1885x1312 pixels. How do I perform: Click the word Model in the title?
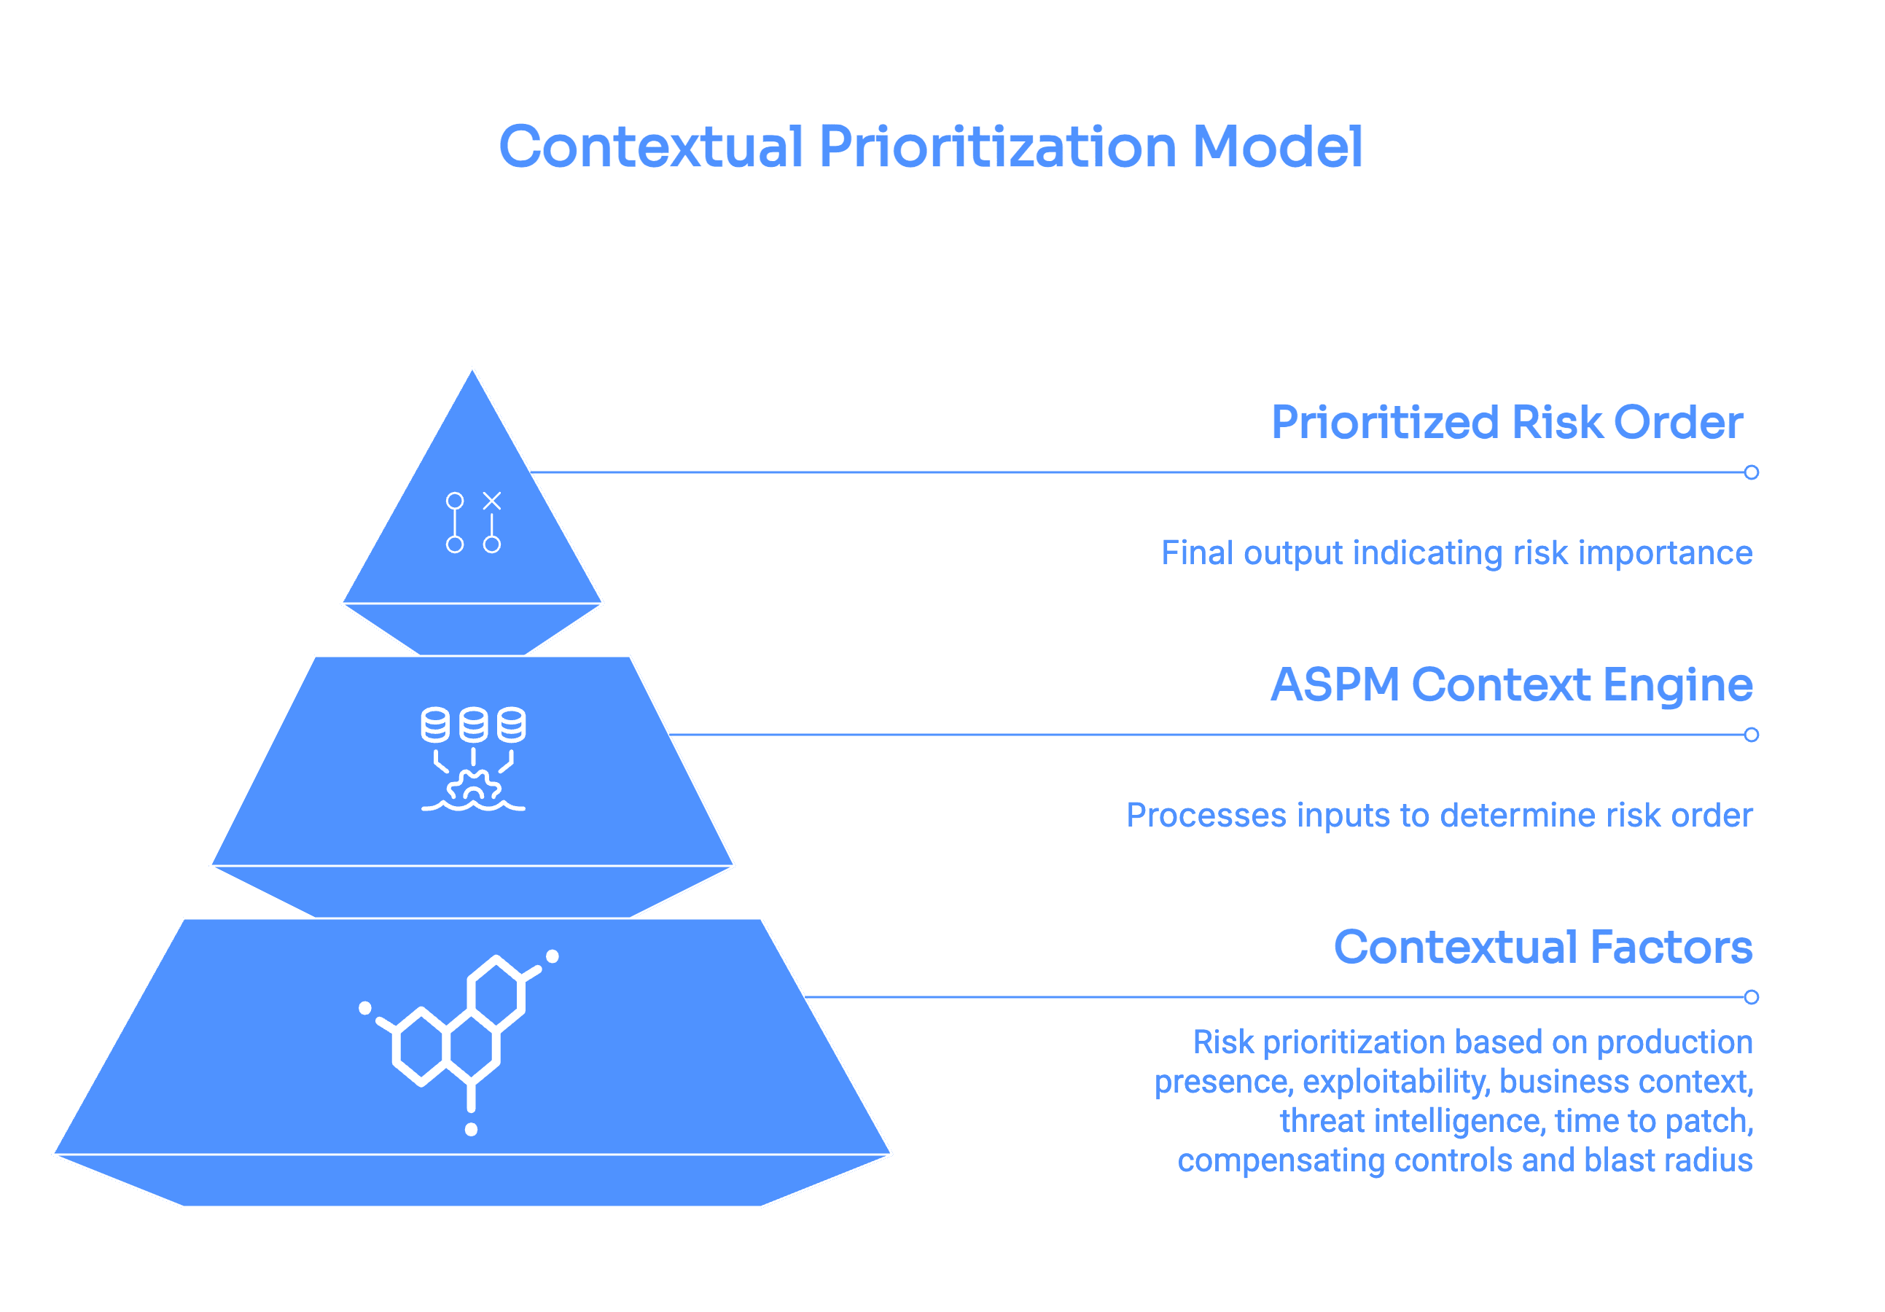pyautogui.click(x=1276, y=148)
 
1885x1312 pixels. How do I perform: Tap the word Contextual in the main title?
pyautogui.click(x=650, y=148)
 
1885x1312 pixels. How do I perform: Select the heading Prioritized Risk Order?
pyautogui.click(x=1507, y=422)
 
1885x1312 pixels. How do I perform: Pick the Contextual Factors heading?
pyautogui.click(x=1542, y=948)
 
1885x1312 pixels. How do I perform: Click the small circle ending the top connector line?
pyautogui.click(x=1751, y=472)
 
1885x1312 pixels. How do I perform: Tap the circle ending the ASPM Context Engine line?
pyautogui.click(x=1751, y=735)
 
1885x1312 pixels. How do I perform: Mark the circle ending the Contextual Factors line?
pyautogui.click(x=1751, y=996)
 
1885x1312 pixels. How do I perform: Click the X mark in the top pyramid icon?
pyautogui.click(x=492, y=501)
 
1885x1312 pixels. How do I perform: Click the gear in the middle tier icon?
pyautogui.click(x=473, y=786)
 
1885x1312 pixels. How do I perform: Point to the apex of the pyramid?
pyautogui.click(x=472, y=370)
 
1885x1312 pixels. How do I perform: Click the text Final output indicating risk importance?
pyautogui.click(x=1456, y=552)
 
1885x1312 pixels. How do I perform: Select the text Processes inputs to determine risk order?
pyautogui.click(x=1439, y=816)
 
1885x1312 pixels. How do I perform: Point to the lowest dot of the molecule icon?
pyautogui.click(x=471, y=1130)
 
